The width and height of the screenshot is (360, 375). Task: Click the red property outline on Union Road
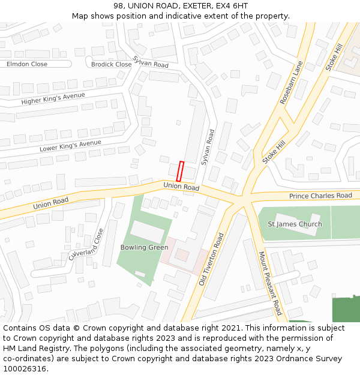pyautogui.click(x=180, y=171)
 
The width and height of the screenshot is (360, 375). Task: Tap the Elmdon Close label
pyautogui.click(x=26, y=64)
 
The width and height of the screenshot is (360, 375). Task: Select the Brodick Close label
pyautogui.click(x=111, y=64)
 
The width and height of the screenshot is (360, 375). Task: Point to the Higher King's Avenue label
pyautogui.click(x=53, y=98)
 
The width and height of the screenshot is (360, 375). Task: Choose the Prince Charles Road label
pyautogui.click(x=320, y=196)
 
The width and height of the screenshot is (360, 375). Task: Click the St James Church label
pyautogui.click(x=295, y=224)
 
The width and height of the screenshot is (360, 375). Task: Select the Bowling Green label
pyautogui.click(x=144, y=247)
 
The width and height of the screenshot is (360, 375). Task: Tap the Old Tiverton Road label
pyautogui.click(x=211, y=259)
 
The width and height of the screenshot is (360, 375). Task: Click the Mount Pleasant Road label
pyautogui.click(x=269, y=283)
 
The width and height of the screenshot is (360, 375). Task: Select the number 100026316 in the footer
pyautogui.click(x=24, y=368)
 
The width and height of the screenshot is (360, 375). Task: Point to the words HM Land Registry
pyautogui.click(x=31, y=348)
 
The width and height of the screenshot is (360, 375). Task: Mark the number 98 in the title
pyautogui.click(x=118, y=6)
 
